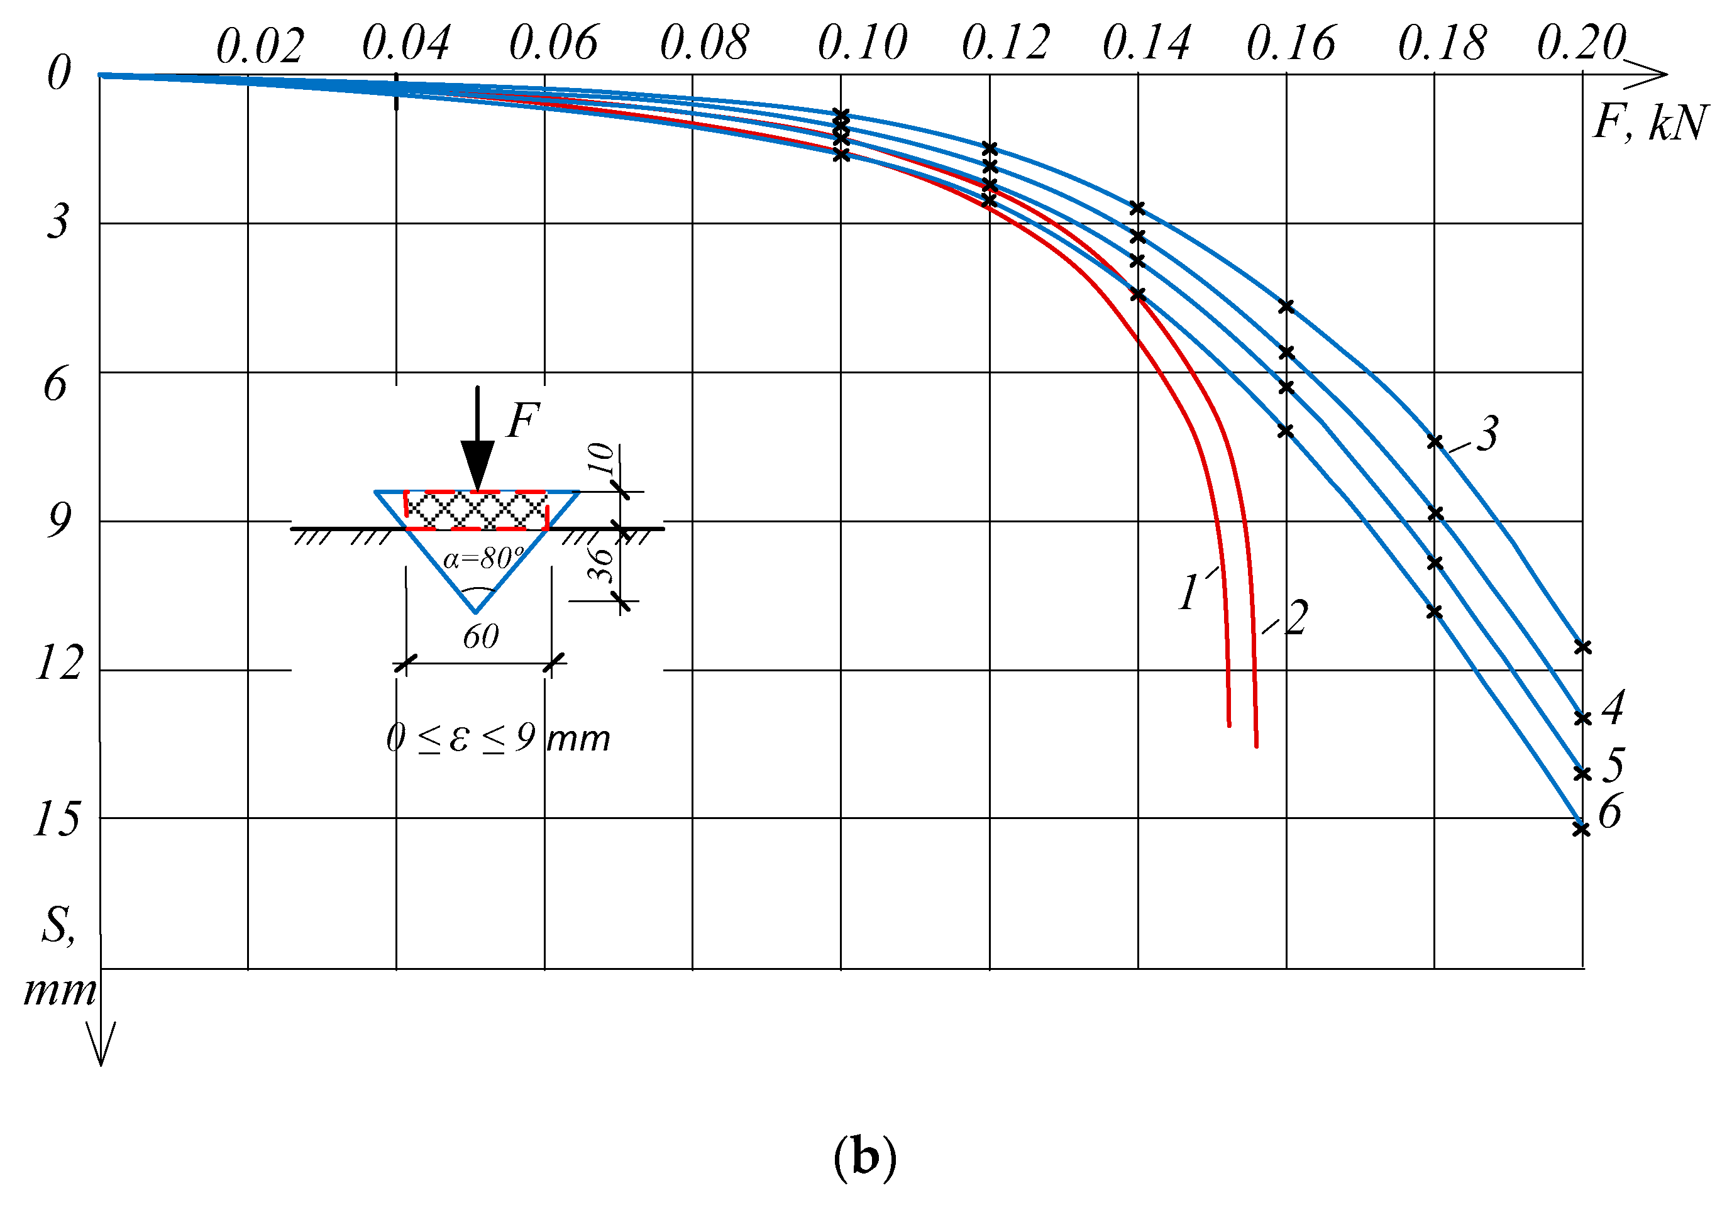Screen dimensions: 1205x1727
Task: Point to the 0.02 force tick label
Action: pos(260,47)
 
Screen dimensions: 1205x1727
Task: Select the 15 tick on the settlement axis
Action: pos(57,818)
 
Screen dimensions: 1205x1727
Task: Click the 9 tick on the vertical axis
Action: pos(58,520)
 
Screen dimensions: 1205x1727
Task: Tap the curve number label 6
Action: pos(1609,812)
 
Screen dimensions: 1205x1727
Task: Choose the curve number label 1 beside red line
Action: pos(1188,592)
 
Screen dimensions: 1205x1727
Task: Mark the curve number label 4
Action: pos(1613,707)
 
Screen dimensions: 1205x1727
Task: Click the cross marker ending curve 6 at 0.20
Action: pos(1581,829)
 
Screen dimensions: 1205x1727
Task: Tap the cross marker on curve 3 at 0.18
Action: pos(1435,441)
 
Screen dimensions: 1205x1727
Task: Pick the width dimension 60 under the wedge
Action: pos(481,637)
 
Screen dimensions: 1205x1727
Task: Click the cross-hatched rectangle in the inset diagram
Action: pos(475,510)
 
